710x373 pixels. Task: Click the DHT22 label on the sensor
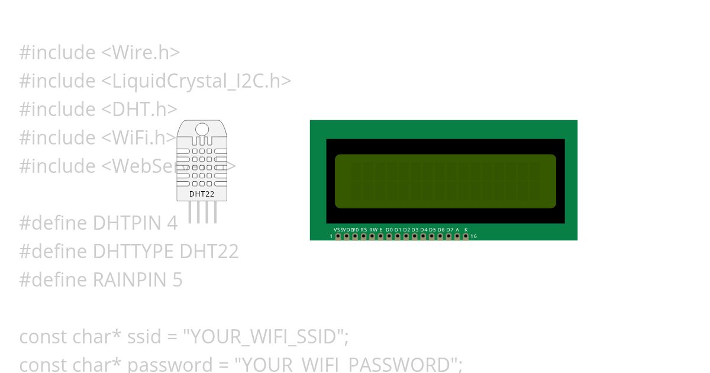point(202,194)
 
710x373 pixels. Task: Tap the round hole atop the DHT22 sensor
point(202,129)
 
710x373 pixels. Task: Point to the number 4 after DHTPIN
point(172,223)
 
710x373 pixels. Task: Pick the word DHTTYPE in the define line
point(133,252)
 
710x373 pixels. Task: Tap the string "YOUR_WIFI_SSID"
point(263,337)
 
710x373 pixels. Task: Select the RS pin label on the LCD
point(364,229)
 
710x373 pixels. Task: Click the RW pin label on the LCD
point(373,229)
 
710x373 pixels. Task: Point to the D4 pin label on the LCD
point(424,229)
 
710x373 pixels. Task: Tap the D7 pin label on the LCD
point(450,229)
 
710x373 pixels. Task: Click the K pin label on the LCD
point(466,229)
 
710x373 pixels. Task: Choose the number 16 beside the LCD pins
point(474,236)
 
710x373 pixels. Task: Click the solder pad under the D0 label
point(389,236)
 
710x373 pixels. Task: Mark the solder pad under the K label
point(466,236)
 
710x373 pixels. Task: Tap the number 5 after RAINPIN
point(177,280)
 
